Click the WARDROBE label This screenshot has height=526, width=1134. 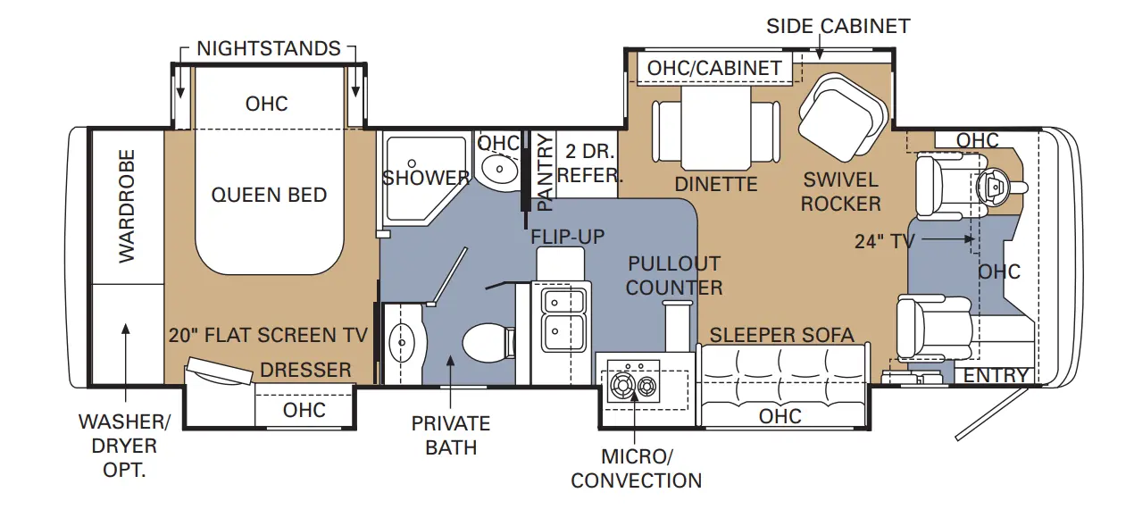tap(127, 206)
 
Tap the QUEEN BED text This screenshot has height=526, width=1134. tap(269, 195)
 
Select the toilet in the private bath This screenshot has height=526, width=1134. tap(488, 343)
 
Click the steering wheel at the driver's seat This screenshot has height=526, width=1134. tap(994, 188)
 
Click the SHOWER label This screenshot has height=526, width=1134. tap(425, 178)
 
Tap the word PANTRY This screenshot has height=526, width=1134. tap(545, 172)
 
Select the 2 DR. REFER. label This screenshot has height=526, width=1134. tap(590, 163)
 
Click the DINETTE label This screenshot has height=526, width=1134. tap(716, 184)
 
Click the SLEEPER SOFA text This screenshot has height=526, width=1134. tap(781, 335)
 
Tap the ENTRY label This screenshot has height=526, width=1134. tap(996, 376)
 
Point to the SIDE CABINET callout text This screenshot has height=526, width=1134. tap(838, 26)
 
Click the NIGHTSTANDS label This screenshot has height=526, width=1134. tap(269, 48)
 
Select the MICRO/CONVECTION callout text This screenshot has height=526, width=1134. tap(637, 468)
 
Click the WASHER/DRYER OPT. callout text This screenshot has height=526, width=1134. tap(124, 446)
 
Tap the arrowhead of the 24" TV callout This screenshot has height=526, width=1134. tap(970, 239)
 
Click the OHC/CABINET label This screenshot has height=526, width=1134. tap(714, 69)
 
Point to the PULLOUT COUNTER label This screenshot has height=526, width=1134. tap(674, 275)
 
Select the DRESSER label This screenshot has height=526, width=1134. tap(305, 370)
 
